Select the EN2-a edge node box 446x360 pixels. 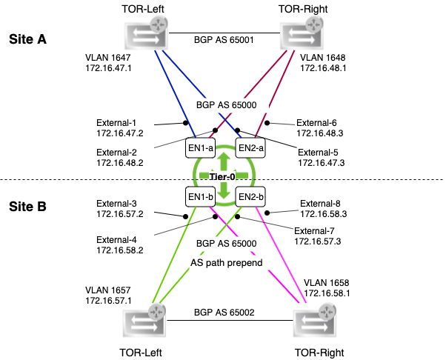(x=249, y=147)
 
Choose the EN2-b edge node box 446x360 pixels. (x=249, y=197)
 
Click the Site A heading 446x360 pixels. (x=27, y=40)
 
